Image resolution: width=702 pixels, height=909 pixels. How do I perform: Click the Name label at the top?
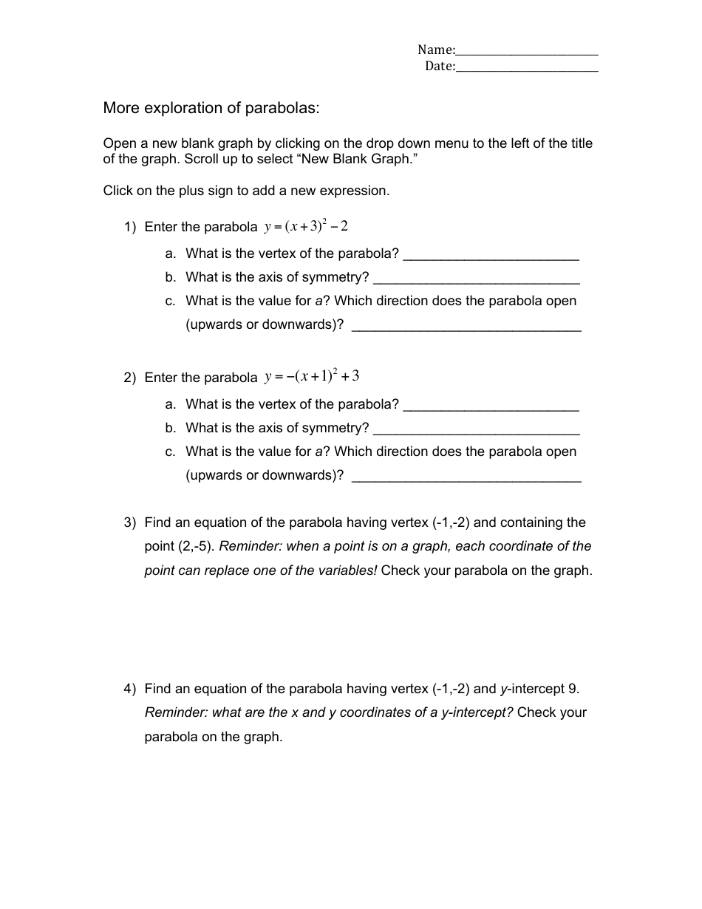point(436,50)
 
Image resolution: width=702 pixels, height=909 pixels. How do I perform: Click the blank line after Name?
point(527,52)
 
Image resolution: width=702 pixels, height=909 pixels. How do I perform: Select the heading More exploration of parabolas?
point(211,108)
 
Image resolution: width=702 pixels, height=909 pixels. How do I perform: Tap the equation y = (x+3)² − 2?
point(306,226)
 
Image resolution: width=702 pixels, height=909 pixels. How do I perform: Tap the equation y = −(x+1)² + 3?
point(312,376)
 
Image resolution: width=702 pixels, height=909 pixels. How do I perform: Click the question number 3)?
point(130,523)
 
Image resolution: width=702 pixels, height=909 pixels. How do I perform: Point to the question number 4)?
point(130,690)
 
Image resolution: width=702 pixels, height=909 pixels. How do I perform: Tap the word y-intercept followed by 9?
point(534,690)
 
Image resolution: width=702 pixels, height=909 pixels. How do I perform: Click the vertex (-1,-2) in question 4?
point(450,690)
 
